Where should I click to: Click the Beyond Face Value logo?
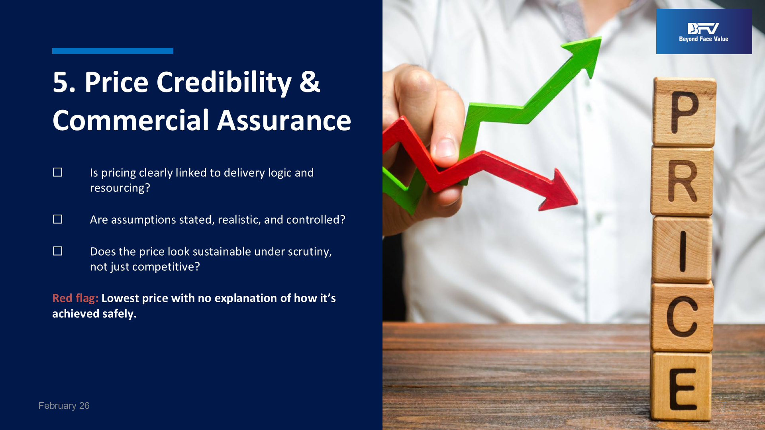point(704,31)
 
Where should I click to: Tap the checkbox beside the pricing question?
point(58,172)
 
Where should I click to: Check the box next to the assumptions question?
point(58,219)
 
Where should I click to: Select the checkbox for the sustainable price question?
point(58,251)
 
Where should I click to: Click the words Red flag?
point(75,298)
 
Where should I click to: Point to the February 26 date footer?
point(64,405)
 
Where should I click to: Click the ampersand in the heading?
point(310,82)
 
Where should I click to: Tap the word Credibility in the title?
point(224,82)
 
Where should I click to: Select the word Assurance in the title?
point(284,120)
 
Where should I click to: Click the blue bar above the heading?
point(113,51)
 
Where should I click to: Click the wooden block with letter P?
point(684,112)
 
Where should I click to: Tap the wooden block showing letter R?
point(682,181)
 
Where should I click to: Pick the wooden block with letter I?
point(682,250)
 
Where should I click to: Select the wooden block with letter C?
point(682,317)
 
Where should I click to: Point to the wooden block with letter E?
point(681,386)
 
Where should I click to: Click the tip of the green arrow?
point(601,37)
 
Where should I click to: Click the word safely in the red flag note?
point(119,314)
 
